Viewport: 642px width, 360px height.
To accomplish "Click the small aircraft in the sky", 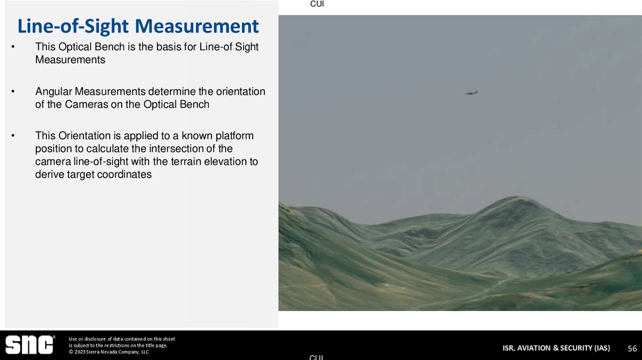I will coord(471,93).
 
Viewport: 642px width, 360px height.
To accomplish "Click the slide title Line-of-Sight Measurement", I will coord(137,26).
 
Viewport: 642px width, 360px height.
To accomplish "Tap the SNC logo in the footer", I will coord(29,345).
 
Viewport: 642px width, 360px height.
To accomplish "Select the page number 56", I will coord(633,348).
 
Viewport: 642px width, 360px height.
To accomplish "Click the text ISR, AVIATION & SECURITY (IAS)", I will coord(555,348).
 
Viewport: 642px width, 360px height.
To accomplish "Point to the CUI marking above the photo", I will coord(317,4).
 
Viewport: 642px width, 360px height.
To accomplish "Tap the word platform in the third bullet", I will coord(235,136).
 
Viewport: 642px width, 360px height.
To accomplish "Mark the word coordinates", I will coord(124,175).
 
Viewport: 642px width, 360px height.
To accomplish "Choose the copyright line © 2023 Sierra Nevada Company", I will coord(108,352).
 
